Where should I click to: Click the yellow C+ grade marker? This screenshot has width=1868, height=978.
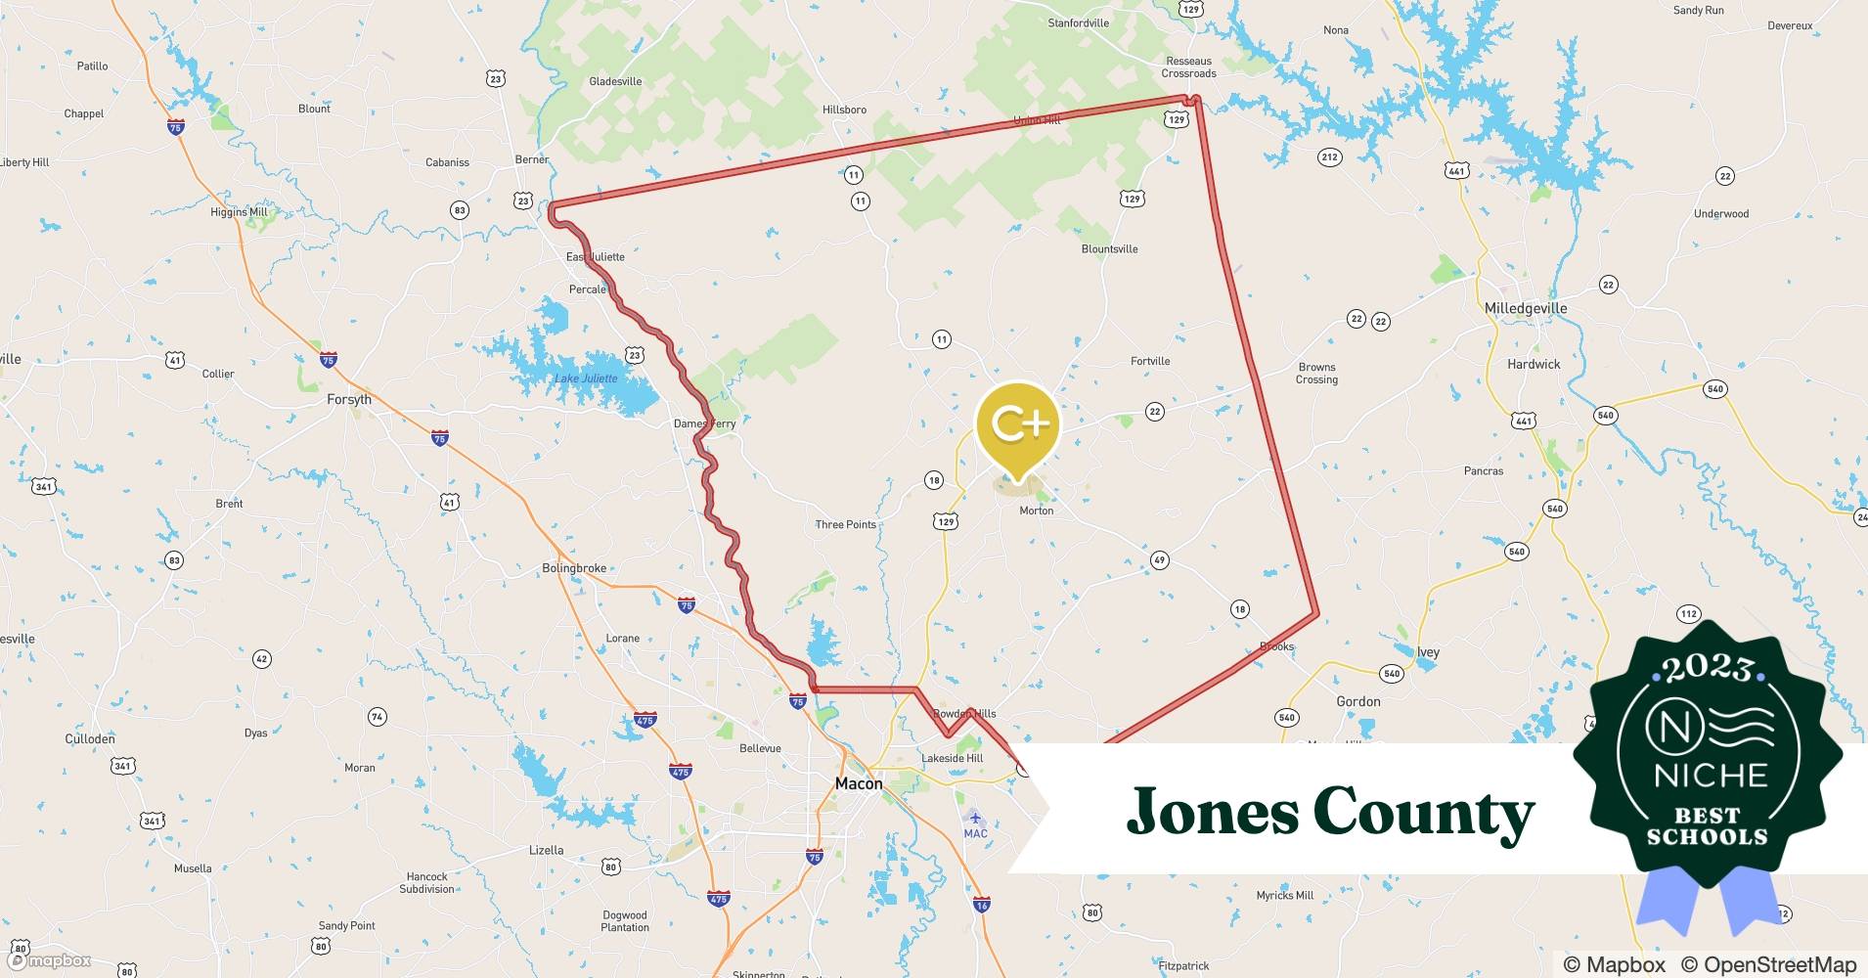(x=1018, y=424)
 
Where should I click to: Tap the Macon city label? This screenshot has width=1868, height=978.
(x=858, y=783)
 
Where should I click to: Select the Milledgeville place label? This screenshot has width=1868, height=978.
(x=1525, y=308)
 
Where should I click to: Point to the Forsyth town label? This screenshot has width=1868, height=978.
(x=349, y=399)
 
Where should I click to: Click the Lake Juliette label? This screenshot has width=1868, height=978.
(x=586, y=378)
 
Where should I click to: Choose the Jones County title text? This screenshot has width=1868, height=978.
(x=1330, y=812)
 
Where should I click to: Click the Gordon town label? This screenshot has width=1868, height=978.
(x=1358, y=701)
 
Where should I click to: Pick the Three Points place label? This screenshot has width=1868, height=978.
(x=846, y=524)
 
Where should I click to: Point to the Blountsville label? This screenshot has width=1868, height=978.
(x=1109, y=248)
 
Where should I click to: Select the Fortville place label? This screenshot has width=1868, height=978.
(x=1150, y=361)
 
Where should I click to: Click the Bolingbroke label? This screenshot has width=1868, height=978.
(x=574, y=568)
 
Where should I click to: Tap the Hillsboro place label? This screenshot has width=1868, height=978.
(x=844, y=110)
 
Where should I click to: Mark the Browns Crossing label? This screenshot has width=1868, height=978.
(x=1316, y=373)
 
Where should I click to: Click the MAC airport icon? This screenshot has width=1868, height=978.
(x=973, y=817)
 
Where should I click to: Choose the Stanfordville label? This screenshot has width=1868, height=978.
(x=1078, y=22)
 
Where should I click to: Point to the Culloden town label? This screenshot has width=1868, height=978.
(x=90, y=738)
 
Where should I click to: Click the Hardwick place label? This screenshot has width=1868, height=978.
(x=1534, y=364)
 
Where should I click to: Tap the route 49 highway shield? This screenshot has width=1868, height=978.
(x=1159, y=560)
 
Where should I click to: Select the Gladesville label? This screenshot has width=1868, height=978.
(x=615, y=81)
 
